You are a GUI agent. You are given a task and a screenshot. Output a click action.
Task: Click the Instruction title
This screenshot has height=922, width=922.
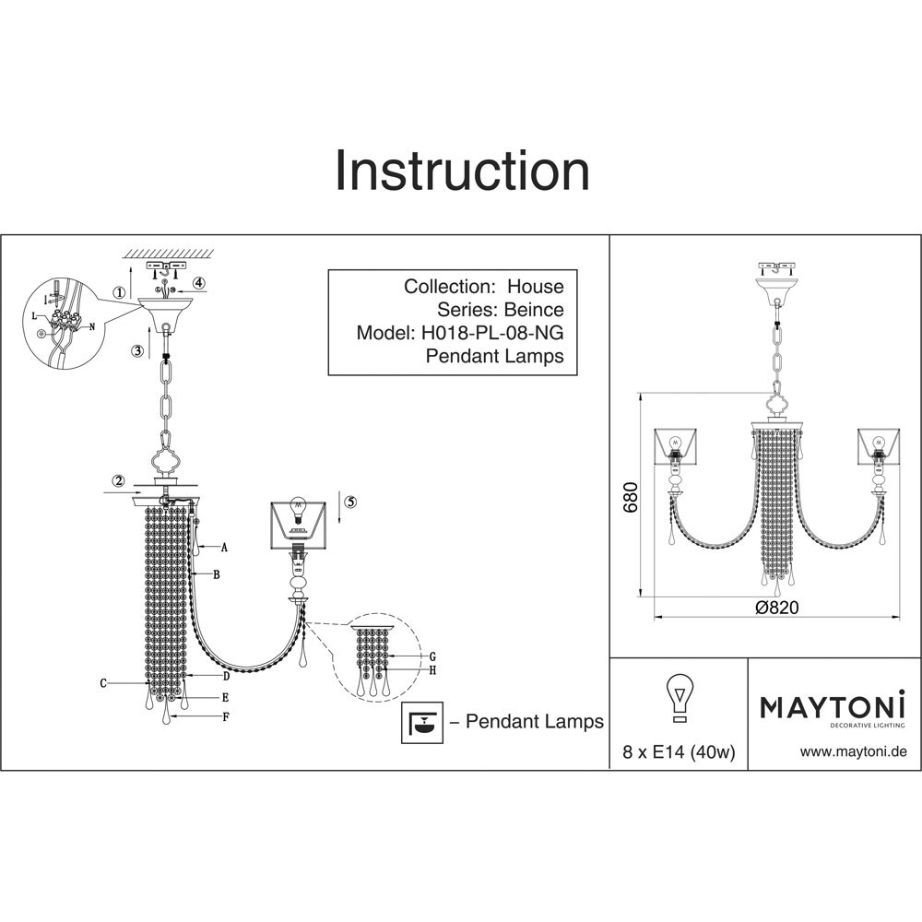point(461,171)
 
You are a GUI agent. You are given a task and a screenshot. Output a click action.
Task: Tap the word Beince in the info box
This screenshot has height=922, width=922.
point(532,310)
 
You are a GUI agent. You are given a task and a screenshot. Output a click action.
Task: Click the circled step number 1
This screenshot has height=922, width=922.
point(119,293)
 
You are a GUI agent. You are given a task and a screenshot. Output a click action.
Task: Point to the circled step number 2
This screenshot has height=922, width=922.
point(119,479)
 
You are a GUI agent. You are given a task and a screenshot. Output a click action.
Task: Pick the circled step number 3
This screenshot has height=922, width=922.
point(137,350)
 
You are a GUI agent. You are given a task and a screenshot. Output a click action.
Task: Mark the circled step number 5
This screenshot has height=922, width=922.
point(350,502)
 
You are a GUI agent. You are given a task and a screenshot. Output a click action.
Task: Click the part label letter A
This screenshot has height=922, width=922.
point(224,547)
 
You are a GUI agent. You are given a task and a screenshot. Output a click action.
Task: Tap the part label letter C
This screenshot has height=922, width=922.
point(104,683)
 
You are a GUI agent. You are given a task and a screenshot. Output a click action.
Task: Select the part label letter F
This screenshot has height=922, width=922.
point(226,716)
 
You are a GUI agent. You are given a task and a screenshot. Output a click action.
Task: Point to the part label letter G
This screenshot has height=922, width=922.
point(431,656)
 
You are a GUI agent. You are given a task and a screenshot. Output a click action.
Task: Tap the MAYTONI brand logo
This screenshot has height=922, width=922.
point(833,707)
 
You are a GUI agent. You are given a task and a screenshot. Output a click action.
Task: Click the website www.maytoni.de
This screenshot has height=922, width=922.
point(854,751)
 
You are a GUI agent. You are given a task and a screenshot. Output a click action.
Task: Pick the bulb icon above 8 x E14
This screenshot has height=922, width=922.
point(679,698)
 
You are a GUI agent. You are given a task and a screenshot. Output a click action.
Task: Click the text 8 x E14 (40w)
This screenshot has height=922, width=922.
point(679,752)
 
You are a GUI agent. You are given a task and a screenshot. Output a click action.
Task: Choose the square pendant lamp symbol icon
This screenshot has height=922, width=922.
point(420,721)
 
